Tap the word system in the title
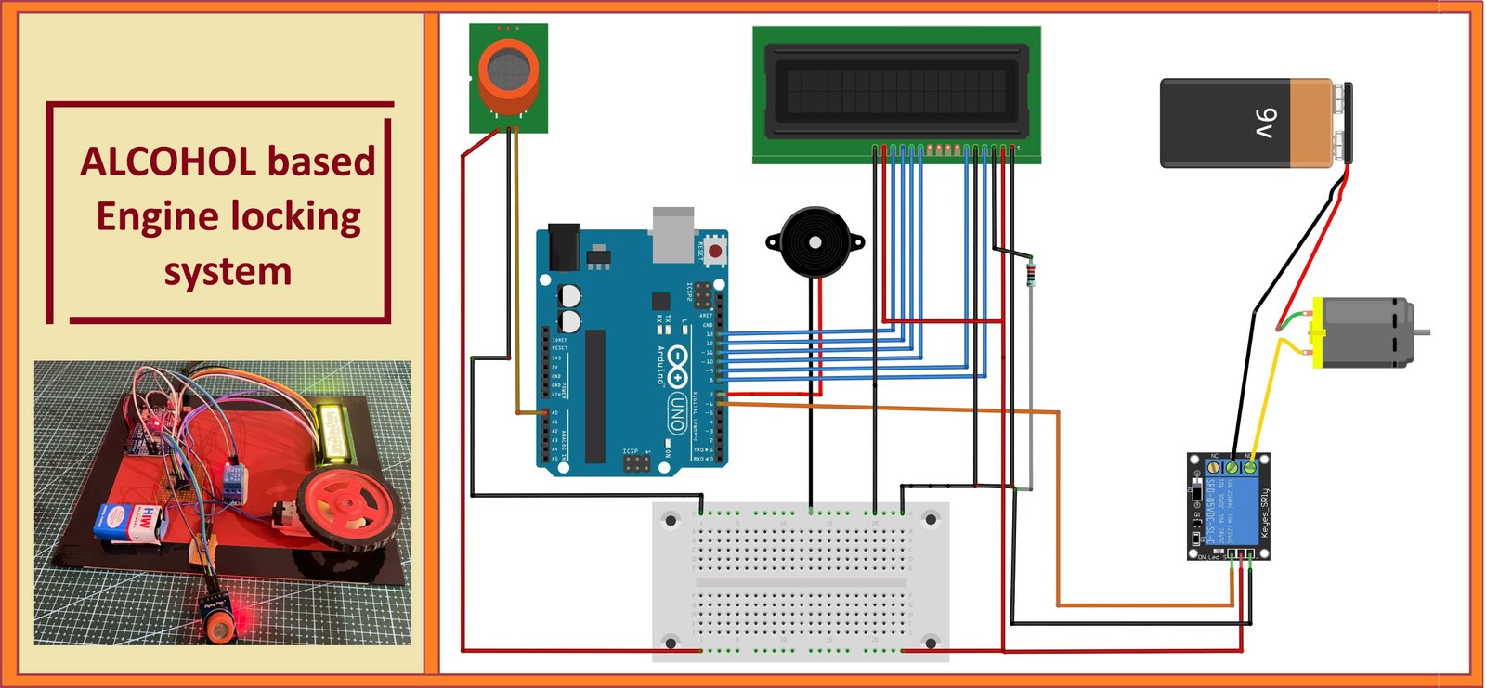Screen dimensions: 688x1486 click(x=228, y=272)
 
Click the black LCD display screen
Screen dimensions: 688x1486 click(x=896, y=91)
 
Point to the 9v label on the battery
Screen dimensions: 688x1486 click(x=1265, y=123)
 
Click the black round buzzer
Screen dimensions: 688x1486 click(x=815, y=242)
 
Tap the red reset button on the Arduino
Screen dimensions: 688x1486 click(x=714, y=251)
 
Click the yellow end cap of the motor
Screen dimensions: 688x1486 click(x=1316, y=332)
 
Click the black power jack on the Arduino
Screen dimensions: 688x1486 click(x=563, y=246)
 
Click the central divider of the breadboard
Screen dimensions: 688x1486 click(x=801, y=583)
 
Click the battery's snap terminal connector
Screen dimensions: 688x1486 click(x=1344, y=122)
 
